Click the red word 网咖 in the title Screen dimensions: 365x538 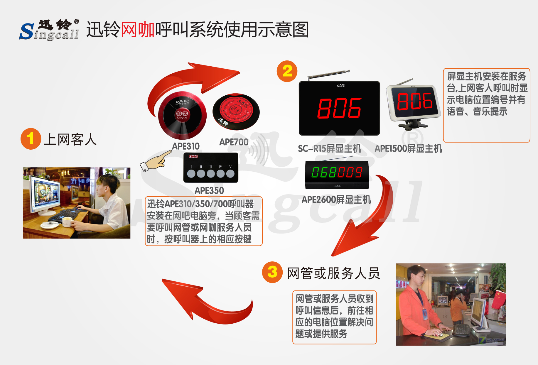point(138,30)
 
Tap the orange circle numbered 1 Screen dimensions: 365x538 point(31,139)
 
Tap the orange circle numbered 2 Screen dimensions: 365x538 point(287,71)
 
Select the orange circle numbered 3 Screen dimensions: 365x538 point(272,272)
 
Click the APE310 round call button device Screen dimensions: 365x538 point(182,115)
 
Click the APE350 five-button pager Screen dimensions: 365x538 point(211,168)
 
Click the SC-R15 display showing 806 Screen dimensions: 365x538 point(339,108)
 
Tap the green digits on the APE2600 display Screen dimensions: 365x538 point(337,172)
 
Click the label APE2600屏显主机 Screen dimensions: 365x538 point(336,200)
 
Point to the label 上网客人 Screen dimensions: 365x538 point(70,139)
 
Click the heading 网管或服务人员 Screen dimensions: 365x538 point(333,273)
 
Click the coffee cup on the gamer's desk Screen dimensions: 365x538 point(67,222)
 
